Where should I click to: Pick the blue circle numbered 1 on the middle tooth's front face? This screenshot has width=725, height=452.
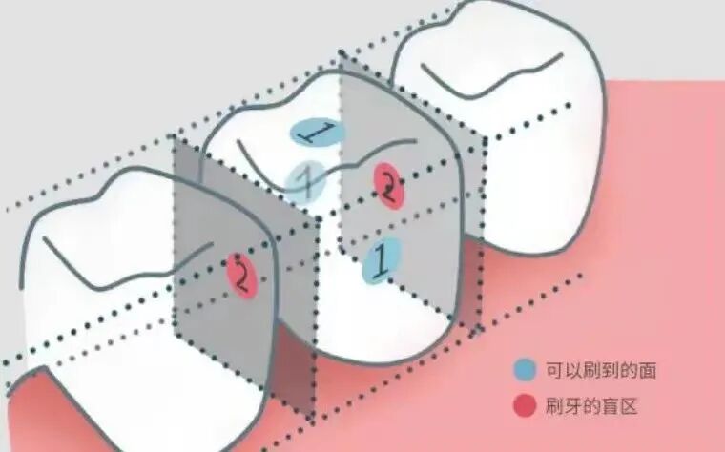click(382, 259)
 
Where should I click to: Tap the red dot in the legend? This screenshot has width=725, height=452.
click(524, 406)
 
